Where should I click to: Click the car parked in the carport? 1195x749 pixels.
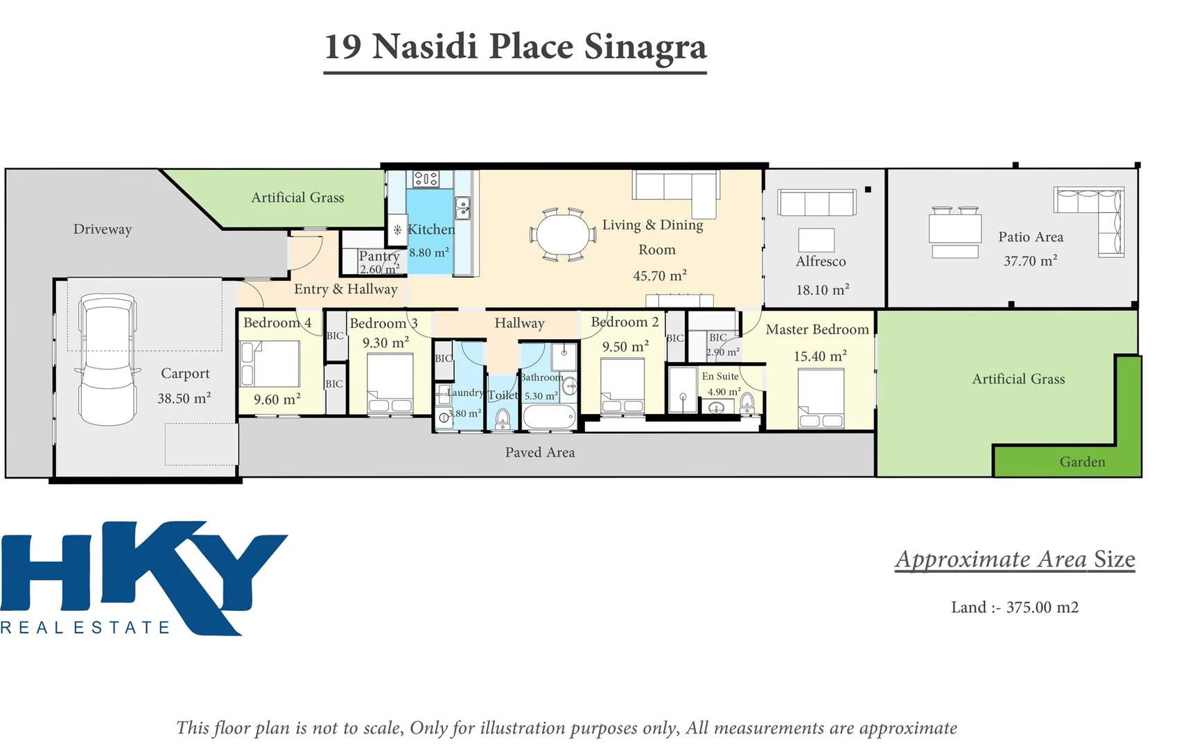pyautogui.click(x=107, y=359)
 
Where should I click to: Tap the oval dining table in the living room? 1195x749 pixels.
pyautogui.click(x=562, y=234)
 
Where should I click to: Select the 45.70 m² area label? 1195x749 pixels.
pyautogui.click(x=660, y=275)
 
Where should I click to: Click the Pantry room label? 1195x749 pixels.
pyautogui.click(x=379, y=256)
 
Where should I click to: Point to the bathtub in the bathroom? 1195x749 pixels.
pyautogui.click(x=549, y=417)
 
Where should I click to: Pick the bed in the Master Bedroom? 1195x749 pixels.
pyautogui.click(x=821, y=399)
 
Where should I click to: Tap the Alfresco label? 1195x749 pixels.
pyautogui.click(x=821, y=261)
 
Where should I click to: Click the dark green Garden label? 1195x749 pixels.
pyautogui.click(x=1082, y=462)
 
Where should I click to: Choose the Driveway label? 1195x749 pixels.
pyautogui.click(x=103, y=230)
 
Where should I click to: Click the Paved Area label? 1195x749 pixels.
pyautogui.click(x=540, y=452)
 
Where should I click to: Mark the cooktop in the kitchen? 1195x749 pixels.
pyautogui.click(x=426, y=179)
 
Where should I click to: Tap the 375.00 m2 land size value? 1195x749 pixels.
pyautogui.click(x=1043, y=608)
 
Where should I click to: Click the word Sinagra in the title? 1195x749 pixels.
pyautogui.click(x=645, y=46)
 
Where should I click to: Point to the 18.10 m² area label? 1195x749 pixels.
pyautogui.click(x=823, y=290)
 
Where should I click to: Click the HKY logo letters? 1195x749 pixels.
pyautogui.click(x=143, y=577)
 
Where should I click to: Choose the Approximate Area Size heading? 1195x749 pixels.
pyautogui.click(x=1015, y=559)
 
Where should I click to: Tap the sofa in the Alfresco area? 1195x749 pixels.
pyautogui.click(x=817, y=203)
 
